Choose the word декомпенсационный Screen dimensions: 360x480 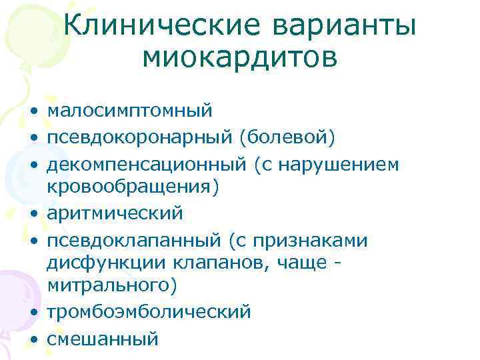click(x=148, y=164)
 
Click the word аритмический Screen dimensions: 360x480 click(x=114, y=213)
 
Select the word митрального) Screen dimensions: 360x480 click(x=112, y=286)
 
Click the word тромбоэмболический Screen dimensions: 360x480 click(x=149, y=311)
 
